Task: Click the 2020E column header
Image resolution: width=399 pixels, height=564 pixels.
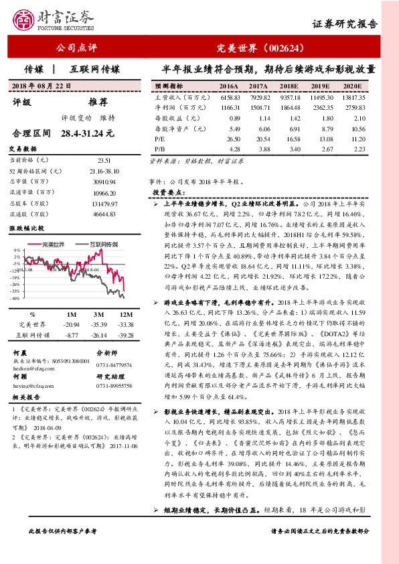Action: tap(351, 87)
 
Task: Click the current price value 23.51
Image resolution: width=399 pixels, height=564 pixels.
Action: tap(104, 160)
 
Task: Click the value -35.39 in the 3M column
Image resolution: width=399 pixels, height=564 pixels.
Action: tap(100, 324)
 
